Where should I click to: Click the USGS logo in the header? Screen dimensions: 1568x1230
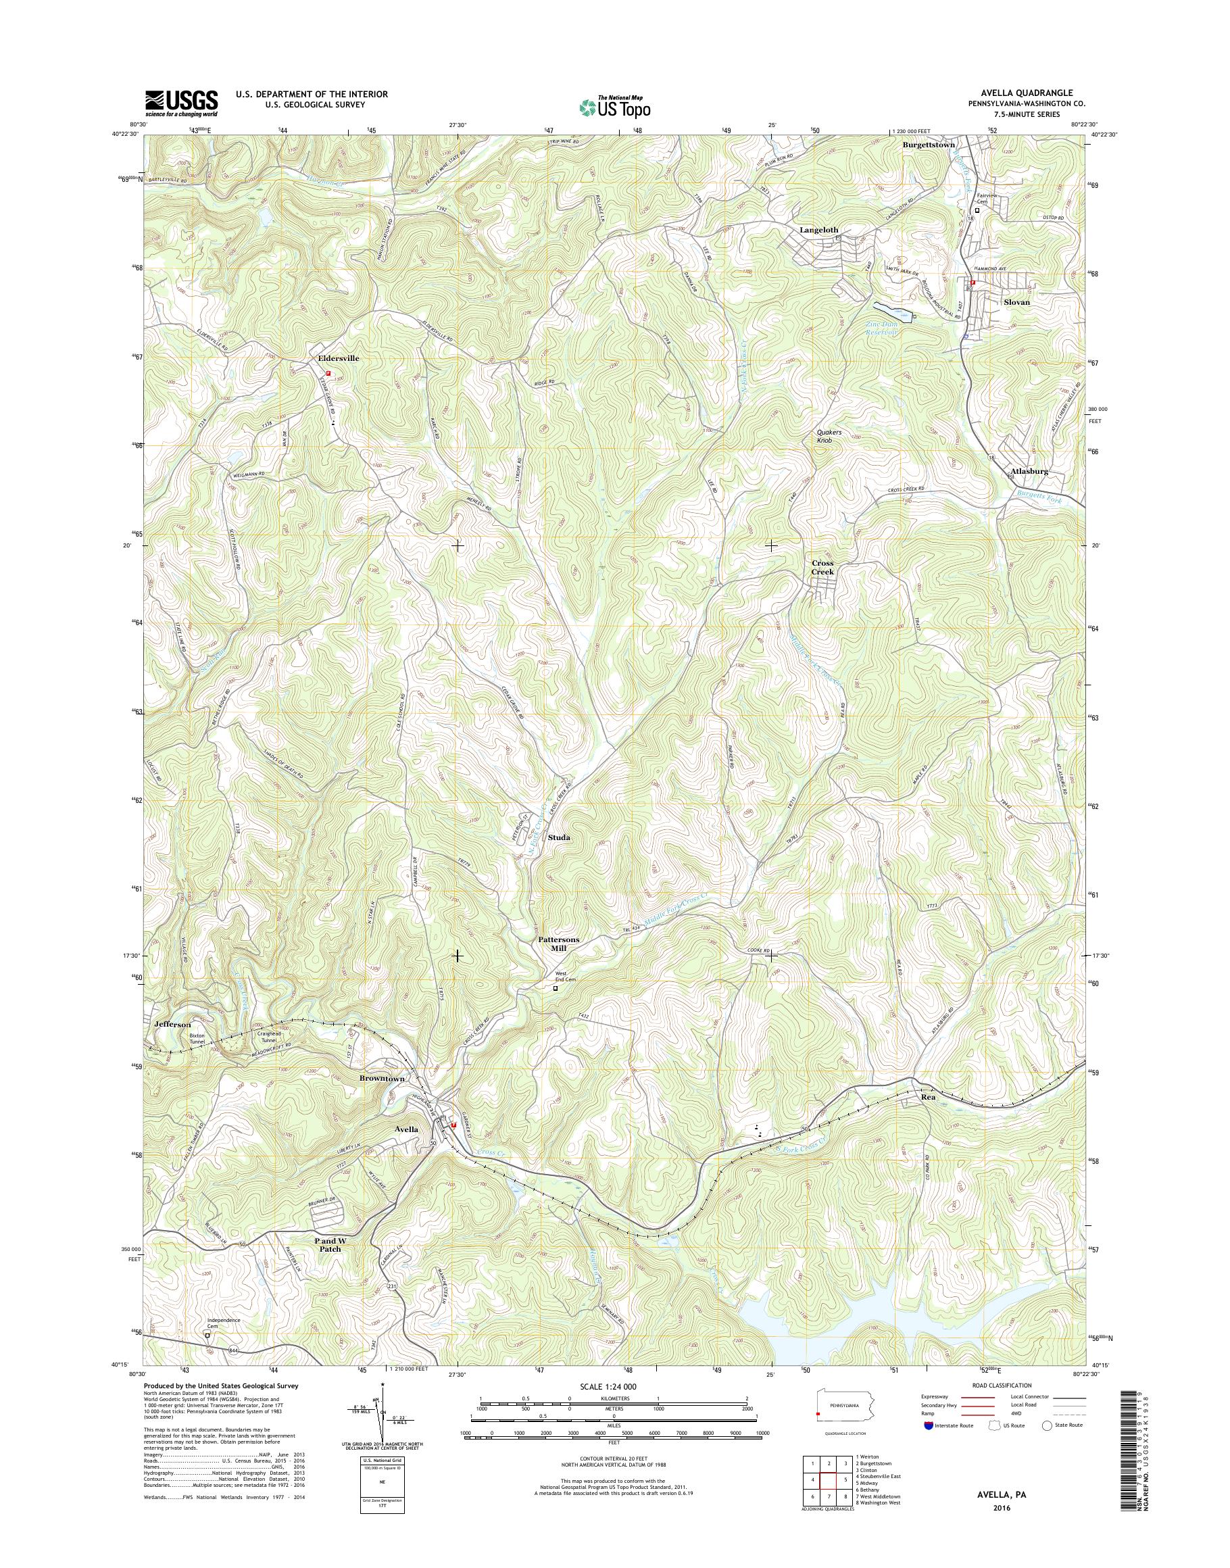coord(182,103)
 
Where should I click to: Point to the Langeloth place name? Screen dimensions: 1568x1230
coord(819,230)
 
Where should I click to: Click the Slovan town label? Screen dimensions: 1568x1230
coord(1017,302)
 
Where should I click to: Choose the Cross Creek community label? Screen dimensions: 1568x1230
coord(822,567)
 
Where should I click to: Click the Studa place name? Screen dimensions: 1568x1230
coord(559,837)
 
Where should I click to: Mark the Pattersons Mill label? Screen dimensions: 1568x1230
coord(559,944)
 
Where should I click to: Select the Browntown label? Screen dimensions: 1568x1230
coord(382,1078)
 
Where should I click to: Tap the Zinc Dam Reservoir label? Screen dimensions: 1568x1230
coord(883,328)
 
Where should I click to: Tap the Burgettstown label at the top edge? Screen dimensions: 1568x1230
coord(929,145)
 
